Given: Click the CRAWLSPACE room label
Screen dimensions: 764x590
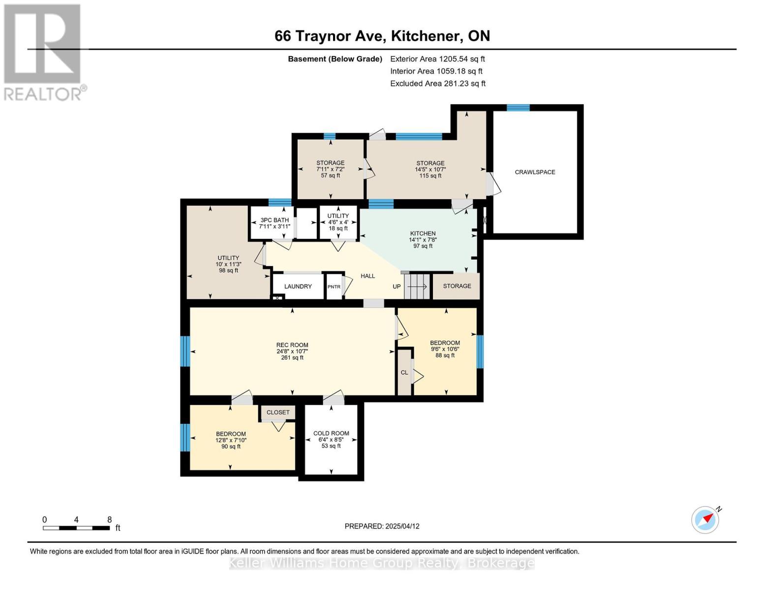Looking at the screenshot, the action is pyautogui.click(x=534, y=172).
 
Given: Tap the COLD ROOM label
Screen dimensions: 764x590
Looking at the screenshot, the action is pyautogui.click(x=331, y=433).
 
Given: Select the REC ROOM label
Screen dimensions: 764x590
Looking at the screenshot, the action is pyautogui.click(x=292, y=345).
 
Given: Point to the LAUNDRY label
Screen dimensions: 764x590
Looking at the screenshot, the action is pyautogui.click(x=298, y=286).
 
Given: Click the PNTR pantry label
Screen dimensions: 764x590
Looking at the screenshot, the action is pyautogui.click(x=334, y=286).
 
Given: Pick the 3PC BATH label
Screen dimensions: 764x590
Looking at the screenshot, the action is pyautogui.click(x=274, y=220).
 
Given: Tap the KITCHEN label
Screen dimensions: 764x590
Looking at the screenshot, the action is pyautogui.click(x=423, y=234).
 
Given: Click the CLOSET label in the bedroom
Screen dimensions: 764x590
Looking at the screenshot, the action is pyautogui.click(x=278, y=412).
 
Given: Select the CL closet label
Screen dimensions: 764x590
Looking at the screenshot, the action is pyautogui.click(x=404, y=372).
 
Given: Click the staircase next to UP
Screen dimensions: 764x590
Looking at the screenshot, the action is pyautogui.click(x=417, y=286).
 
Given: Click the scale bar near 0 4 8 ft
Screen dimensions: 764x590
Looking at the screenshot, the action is pyautogui.click(x=76, y=528).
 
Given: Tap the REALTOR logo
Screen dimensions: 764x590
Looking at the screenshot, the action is pyautogui.click(x=44, y=53).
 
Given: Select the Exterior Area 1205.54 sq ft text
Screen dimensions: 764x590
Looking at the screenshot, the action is pyautogui.click(x=437, y=59).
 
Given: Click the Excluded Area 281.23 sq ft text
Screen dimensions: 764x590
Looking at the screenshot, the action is pyautogui.click(x=438, y=83).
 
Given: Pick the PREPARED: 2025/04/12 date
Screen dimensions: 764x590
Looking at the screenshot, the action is pyautogui.click(x=382, y=526).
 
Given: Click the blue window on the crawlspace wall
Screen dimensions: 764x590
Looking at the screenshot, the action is pyautogui.click(x=518, y=108).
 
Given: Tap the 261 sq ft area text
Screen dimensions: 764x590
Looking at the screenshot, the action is pyautogui.click(x=292, y=357).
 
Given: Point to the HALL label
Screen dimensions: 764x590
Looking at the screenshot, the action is pyautogui.click(x=367, y=276).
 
